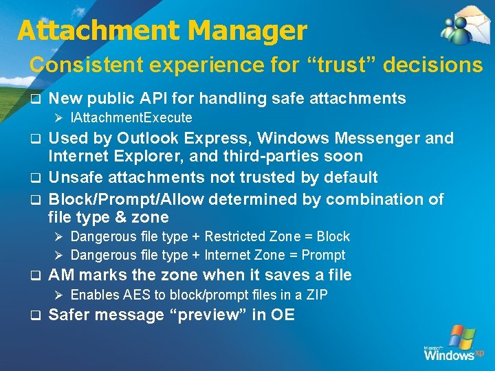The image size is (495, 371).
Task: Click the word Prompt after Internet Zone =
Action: [x=323, y=256]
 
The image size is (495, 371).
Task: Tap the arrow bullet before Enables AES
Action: [x=59, y=295]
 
